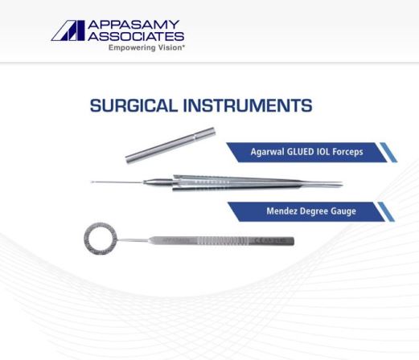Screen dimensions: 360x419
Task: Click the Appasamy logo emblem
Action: click(66, 31)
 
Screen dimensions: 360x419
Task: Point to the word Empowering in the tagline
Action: click(130, 47)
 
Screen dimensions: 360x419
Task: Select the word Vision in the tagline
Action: click(168, 47)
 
